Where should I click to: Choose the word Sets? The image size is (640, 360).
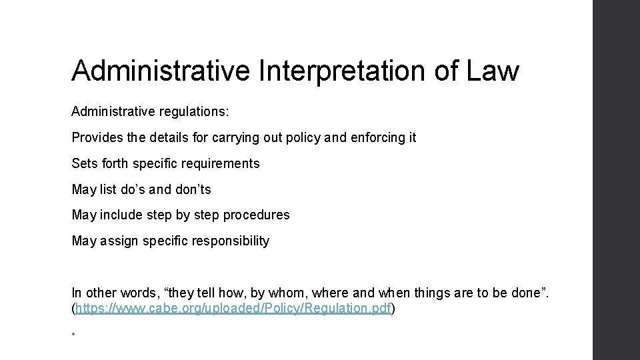[x=83, y=163]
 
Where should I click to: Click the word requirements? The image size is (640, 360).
[x=221, y=163]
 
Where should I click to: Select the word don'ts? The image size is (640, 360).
[x=193, y=189]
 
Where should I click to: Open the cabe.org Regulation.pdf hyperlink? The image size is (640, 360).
[x=233, y=309]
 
